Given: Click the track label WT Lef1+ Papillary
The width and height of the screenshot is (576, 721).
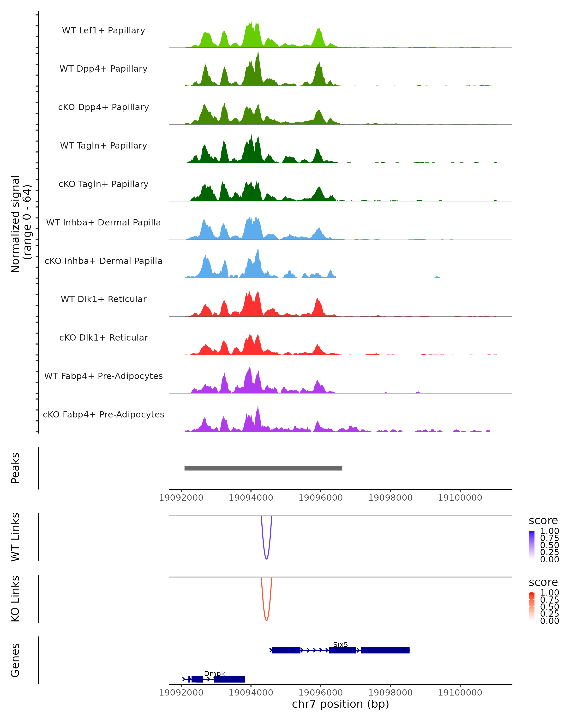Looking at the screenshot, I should point(103,31).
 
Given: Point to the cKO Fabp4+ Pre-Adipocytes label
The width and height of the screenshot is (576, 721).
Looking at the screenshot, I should point(103,414).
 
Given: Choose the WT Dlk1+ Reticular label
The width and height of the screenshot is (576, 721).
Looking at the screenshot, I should point(103,299).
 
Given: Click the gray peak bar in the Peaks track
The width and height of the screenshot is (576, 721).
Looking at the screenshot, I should point(263,468).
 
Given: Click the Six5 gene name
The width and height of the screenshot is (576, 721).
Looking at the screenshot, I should point(340,644).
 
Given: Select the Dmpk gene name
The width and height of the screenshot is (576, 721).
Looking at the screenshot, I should point(214,673).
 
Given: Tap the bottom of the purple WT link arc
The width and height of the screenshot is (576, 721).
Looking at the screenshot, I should point(266,559).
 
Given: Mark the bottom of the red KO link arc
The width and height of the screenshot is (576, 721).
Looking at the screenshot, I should point(266,620).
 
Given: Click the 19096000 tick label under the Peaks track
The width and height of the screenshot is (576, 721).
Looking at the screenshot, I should point(321,498).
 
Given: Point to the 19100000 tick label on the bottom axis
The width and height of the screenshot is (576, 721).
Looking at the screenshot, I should point(460,693).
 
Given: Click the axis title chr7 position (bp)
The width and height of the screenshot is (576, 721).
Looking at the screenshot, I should point(340,704).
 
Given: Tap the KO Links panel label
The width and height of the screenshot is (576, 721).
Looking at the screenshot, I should point(15,599).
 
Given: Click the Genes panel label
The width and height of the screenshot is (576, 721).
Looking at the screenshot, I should point(15,660).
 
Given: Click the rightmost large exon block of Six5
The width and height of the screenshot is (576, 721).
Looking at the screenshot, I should point(385,650).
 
